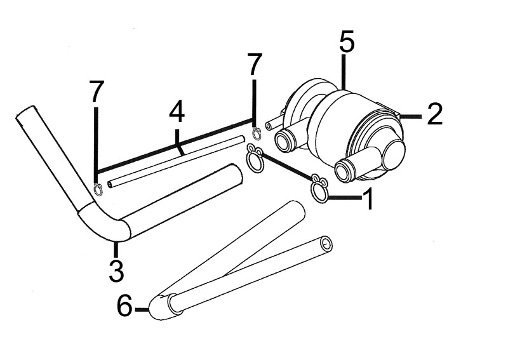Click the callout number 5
click(x=347, y=41)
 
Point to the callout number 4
click(x=177, y=112)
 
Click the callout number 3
click(x=116, y=270)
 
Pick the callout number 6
click(x=124, y=306)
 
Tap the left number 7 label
click(x=96, y=91)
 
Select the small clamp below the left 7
click(x=98, y=189)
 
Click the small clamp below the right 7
click(x=257, y=133)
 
